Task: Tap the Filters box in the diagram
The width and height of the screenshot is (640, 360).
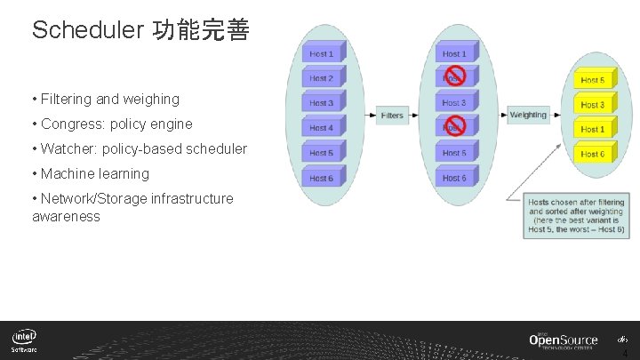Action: coord(391,116)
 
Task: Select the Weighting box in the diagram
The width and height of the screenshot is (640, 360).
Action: coord(528,115)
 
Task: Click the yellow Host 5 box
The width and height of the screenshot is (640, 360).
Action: coord(592,80)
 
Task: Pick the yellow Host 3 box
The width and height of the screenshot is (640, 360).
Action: coord(592,105)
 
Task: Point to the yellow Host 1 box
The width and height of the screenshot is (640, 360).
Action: coord(592,130)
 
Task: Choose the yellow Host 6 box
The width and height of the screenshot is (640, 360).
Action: coord(592,154)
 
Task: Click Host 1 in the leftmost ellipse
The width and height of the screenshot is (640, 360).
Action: coord(321,54)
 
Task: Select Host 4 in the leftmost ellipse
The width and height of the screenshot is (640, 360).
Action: coord(321,128)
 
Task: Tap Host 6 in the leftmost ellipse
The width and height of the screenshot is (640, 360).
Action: coord(321,178)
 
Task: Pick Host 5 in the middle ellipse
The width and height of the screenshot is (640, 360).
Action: coord(454,153)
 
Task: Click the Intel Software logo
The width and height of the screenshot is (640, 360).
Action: coord(25,341)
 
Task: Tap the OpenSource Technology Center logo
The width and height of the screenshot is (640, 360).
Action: coord(564,341)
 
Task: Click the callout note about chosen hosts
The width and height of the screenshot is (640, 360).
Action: coord(576,216)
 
